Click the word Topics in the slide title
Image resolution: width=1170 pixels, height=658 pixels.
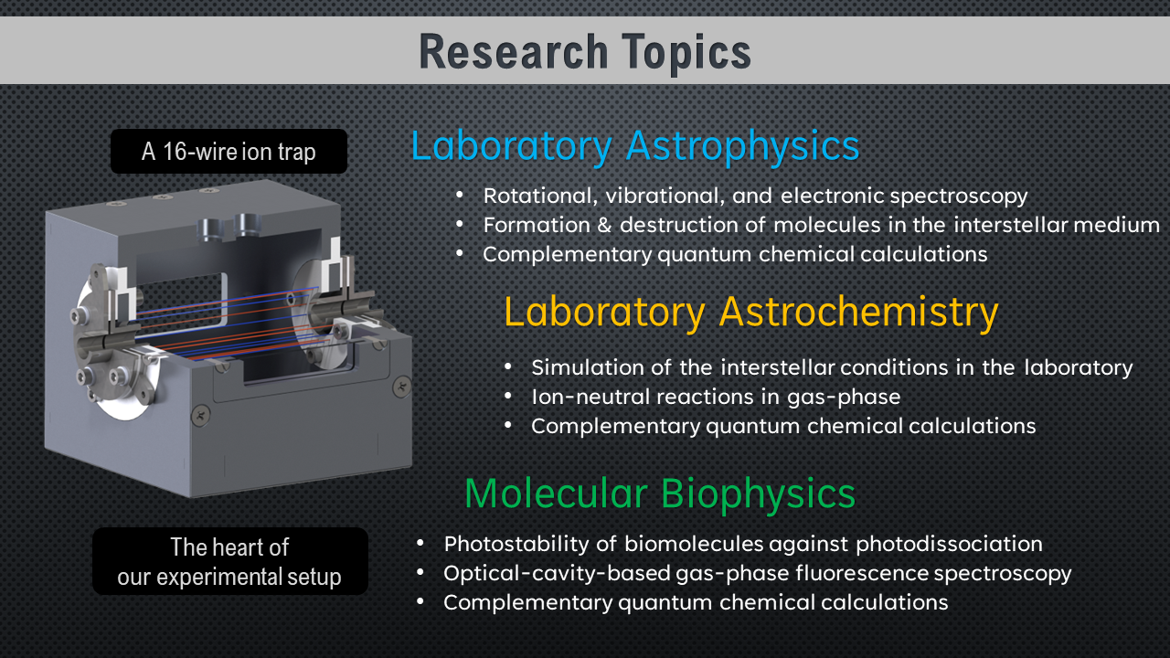[x=676, y=51]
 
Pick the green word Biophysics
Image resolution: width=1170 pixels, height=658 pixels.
[x=758, y=493]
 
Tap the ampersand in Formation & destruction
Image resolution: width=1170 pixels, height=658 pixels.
[x=603, y=225]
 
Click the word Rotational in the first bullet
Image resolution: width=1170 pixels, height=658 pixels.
[x=532, y=196]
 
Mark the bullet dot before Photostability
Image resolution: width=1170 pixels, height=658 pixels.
[x=420, y=544]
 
